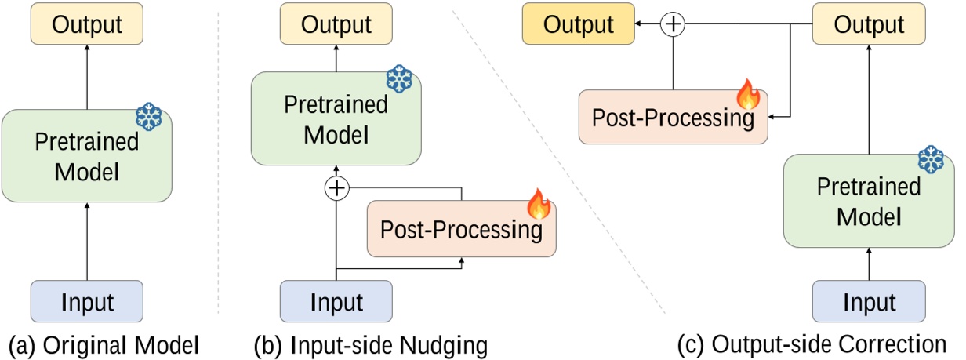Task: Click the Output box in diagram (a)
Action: tap(87, 24)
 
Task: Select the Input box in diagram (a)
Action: tap(87, 302)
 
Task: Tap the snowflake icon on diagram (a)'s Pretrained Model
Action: tap(148, 117)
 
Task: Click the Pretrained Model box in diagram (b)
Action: tap(336, 118)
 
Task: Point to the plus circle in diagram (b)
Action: tap(336, 188)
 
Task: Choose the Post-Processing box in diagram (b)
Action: tap(461, 230)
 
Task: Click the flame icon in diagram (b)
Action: tap(539, 204)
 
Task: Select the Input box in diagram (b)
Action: tap(336, 302)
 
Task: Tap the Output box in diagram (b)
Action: tap(336, 24)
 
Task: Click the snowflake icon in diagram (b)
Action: tap(399, 78)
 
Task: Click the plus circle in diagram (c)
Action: tap(673, 24)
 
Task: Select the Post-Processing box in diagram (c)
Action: tap(673, 118)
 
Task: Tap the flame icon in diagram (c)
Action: tap(748, 95)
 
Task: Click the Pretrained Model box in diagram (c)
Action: tap(868, 201)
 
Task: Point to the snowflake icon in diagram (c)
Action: tap(931, 160)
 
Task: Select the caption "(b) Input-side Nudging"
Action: tap(370, 344)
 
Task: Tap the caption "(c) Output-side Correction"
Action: tap(812, 344)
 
